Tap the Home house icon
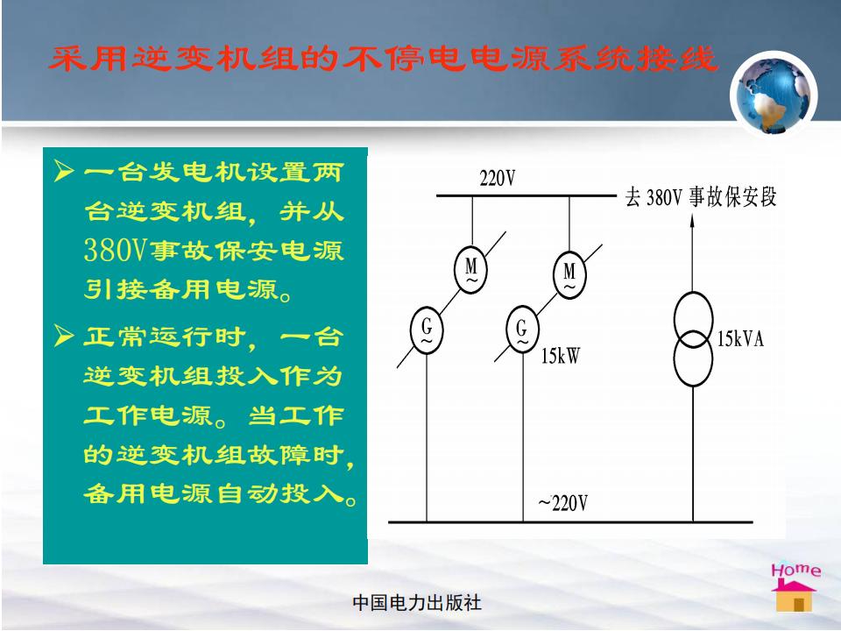click(794, 594)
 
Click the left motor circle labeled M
click(471, 270)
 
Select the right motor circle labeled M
click(569, 275)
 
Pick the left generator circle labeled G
click(427, 330)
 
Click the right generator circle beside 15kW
click(522, 330)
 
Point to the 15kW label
click(561, 356)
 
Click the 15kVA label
click(741, 338)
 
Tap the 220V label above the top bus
click(498, 178)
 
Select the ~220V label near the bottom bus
click(562, 503)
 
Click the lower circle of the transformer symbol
click(694, 358)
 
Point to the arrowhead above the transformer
click(692, 220)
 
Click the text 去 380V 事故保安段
click(701, 197)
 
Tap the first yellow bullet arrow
click(64, 171)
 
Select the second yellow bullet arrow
click(64, 336)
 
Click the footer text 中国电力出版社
click(417, 603)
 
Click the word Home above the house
click(796, 570)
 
